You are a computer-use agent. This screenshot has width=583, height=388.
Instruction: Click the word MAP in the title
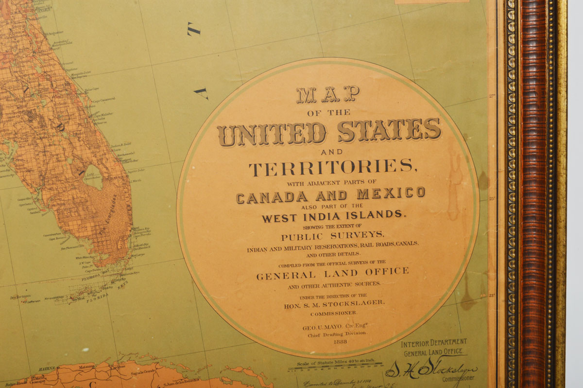tap(328, 95)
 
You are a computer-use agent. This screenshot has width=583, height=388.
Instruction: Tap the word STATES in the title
tap(389, 131)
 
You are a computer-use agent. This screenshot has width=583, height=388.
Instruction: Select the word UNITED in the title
tap(272, 134)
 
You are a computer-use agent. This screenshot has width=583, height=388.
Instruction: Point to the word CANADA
tap(272, 196)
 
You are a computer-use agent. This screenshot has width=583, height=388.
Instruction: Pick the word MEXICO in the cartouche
tap(391, 194)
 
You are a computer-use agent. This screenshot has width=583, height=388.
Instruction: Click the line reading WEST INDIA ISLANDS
tap(333, 215)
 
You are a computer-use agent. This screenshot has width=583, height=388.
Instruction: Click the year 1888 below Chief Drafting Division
tap(341, 341)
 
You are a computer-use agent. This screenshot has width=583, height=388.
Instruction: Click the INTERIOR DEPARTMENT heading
tap(434, 343)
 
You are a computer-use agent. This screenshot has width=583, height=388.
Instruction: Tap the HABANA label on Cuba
tap(47, 368)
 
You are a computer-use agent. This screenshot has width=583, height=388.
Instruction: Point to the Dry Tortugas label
tap(20, 296)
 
